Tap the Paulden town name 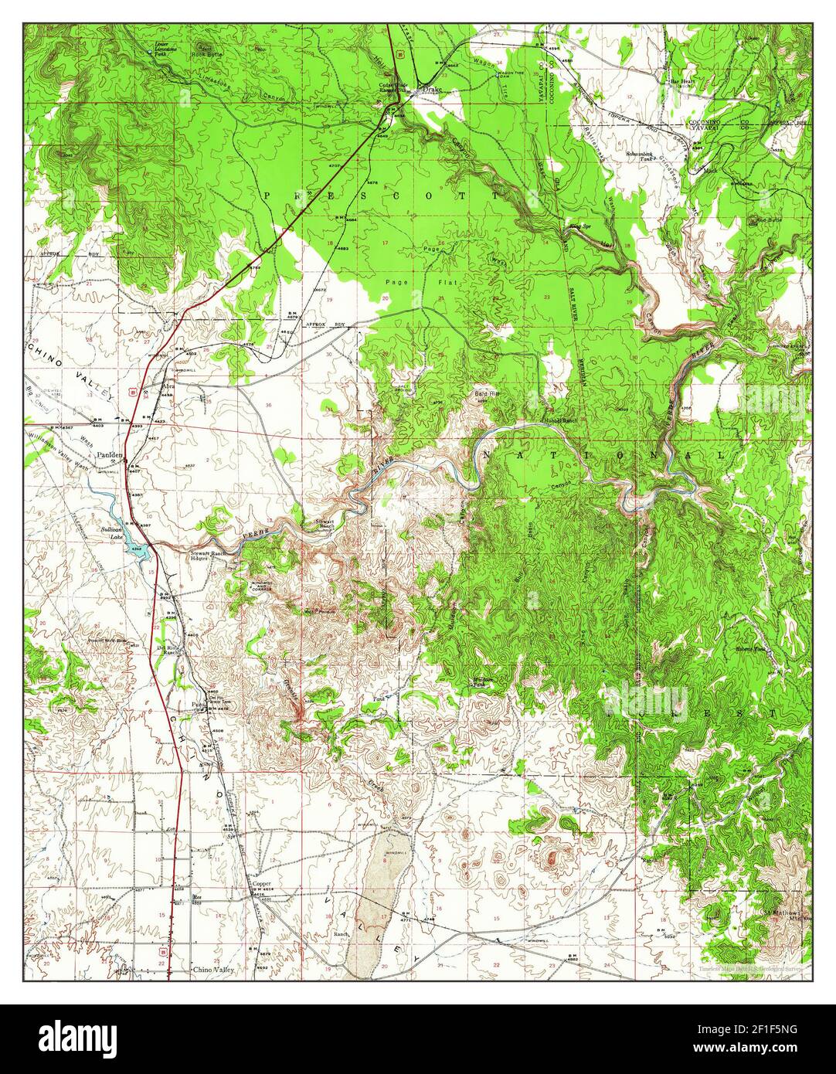[110, 456]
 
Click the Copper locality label [261, 882]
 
